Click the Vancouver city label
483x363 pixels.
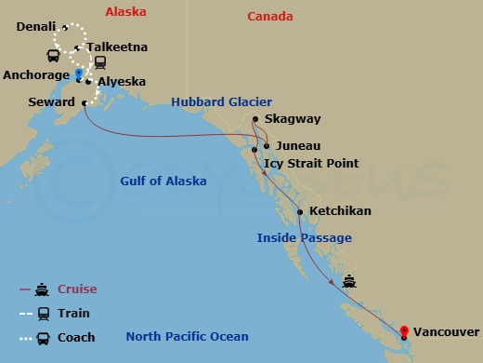[447, 332]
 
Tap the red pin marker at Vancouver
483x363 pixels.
[404, 330]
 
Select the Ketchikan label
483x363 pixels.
[340, 211]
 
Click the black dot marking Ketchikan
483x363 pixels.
[300, 212]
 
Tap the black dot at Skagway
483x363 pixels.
[255, 118]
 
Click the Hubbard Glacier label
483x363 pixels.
[222, 101]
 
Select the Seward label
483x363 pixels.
[52, 102]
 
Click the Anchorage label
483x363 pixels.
[36, 74]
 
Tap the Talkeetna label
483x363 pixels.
[117, 47]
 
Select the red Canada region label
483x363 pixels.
[270, 16]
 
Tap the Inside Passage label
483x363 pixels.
[304, 238]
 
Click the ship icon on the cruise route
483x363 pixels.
[349, 281]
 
